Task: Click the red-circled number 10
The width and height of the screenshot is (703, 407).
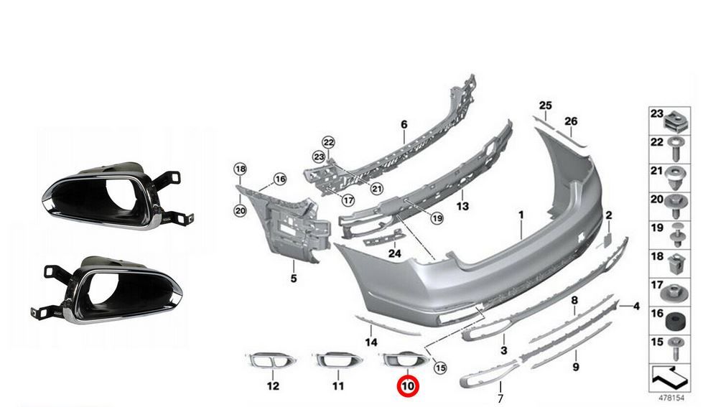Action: tap(409, 386)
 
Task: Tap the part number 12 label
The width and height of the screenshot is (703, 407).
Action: tap(273, 386)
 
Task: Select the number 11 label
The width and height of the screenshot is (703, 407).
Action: tap(338, 386)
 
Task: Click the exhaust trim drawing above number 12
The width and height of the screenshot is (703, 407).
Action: tap(270, 360)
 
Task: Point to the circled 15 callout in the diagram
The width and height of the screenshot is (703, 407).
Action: tap(440, 368)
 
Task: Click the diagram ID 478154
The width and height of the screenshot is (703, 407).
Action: tap(671, 398)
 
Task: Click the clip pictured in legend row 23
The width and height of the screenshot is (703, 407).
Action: tap(675, 121)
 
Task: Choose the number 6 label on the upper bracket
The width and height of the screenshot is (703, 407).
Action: tap(404, 124)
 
